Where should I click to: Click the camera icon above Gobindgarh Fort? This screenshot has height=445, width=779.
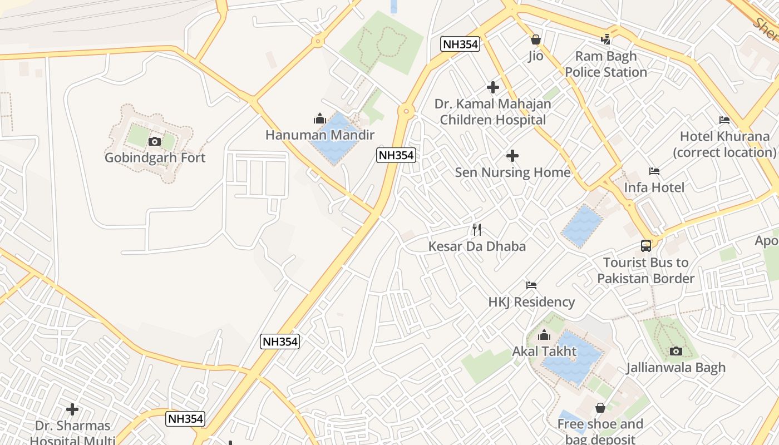point(155,142)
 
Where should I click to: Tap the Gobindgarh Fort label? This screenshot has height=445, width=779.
point(155,158)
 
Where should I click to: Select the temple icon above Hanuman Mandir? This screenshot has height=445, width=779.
point(319,118)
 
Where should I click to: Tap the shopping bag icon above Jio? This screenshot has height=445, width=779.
point(536,39)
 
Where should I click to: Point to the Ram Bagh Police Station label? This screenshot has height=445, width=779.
point(605,64)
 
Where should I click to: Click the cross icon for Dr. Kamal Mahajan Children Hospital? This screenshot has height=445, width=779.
point(492,87)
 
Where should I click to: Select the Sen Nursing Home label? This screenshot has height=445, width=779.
point(512,172)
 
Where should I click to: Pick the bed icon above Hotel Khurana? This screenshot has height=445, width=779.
point(724,120)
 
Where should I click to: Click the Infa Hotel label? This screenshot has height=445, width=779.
point(654,187)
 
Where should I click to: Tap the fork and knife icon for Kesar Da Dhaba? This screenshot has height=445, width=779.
point(477,229)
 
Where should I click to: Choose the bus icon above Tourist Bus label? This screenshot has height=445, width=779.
point(646,245)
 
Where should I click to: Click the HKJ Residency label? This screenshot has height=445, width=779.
point(531,302)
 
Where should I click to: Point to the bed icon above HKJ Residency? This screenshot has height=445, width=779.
point(531,285)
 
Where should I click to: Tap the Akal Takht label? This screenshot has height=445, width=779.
point(544,352)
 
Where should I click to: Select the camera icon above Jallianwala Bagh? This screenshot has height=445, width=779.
point(676,351)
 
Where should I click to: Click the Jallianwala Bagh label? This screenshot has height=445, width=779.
point(676,368)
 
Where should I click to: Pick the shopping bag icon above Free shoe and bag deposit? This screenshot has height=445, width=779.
point(600,408)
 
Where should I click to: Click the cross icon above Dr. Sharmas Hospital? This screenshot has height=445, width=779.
point(72,410)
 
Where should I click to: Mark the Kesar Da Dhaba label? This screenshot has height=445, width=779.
point(477,246)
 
